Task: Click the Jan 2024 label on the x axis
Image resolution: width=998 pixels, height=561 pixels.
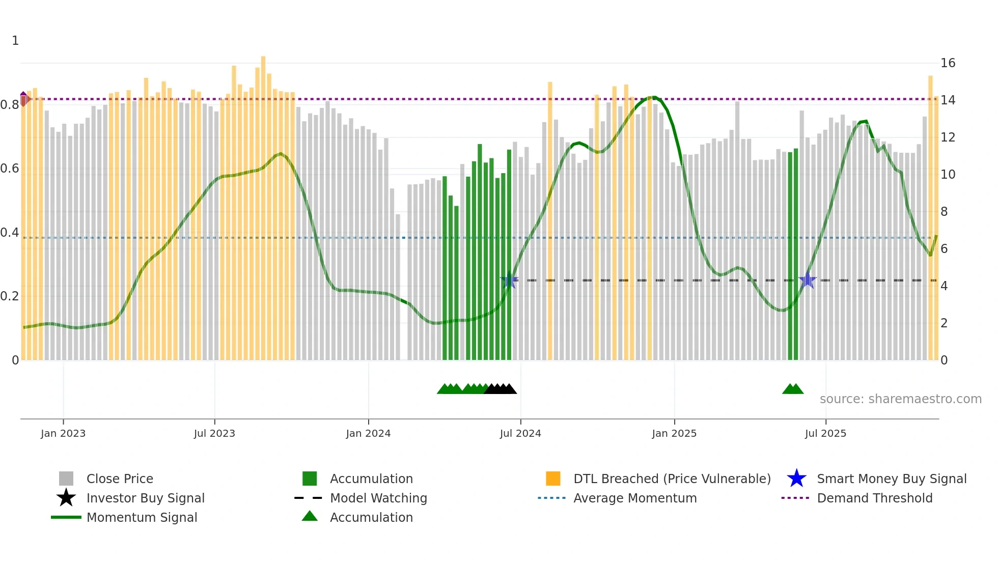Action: point(368,434)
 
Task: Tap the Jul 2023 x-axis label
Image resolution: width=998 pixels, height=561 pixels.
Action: point(214,434)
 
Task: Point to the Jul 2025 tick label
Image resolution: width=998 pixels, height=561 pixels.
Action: point(825,434)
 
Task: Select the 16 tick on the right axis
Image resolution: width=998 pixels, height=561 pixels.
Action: point(948,63)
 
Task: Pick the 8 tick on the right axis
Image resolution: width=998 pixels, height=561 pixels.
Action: point(944,212)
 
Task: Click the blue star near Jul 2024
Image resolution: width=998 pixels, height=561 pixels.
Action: point(509,280)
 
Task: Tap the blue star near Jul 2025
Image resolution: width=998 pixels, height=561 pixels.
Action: point(808,280)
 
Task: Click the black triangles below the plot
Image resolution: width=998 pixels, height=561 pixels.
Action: point(501,389)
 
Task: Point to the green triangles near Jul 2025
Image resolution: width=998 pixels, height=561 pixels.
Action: point(793,389)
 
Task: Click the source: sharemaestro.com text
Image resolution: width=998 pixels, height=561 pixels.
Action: point(900,399)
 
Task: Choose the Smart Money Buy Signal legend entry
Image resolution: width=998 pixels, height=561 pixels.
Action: point(891,479)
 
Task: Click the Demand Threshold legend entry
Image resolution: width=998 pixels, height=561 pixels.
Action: point(874,498)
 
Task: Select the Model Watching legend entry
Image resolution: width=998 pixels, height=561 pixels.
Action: point(378,498)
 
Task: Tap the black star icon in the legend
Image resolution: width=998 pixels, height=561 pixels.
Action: point(66,498)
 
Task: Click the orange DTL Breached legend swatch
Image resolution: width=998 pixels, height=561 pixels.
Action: point(553,479)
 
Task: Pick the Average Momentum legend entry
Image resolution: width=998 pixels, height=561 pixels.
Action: point(634,498)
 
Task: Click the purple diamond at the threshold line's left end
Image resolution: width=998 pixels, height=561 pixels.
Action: point(23,99)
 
